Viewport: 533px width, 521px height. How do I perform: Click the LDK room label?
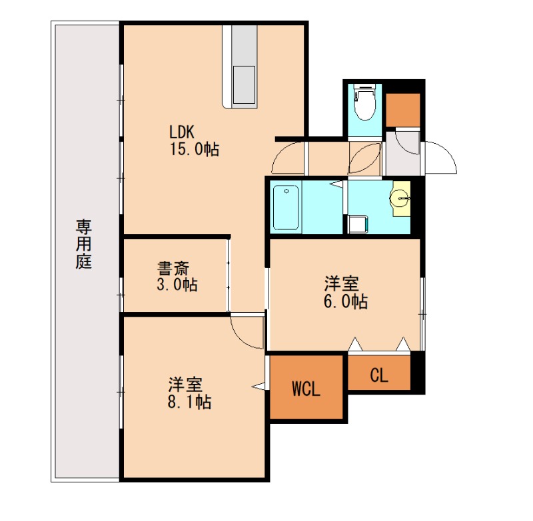pyautogui.click(x=182, y=132)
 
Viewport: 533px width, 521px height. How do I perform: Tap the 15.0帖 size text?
pyautogui.click(x=195, y=149)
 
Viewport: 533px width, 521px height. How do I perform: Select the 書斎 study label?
pyautogui.click(x=173, y=269)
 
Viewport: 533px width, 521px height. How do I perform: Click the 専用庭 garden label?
pyautogui.click(x=84, y=244)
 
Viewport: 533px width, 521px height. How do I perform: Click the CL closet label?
pyautogui.click(x=379, y=375)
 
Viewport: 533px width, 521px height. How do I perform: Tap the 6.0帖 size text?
pyautogui.click(x=345, y=301)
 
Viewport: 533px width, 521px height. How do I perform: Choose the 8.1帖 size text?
pyautogui.click(x=189, y=402)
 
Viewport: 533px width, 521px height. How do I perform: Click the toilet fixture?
pyautogui.click(x=364, y=102)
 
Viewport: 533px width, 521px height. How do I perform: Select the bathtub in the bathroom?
pyautogui.click(x=286, y=208)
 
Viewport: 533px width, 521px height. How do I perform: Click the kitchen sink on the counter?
pyautogui.click(x=243, y=85)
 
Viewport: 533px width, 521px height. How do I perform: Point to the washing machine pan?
pyautogui.click(x=358, y=224)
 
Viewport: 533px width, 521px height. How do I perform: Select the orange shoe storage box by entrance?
pyautogui.click(x=403, y=110)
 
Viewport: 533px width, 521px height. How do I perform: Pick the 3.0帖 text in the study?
pyautogui.click(x=177, y=284)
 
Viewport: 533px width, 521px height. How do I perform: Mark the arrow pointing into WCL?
pyautogui.click(x=259, y=386)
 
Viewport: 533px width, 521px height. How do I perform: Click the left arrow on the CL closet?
pyautogui.click(x=355, y=344)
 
